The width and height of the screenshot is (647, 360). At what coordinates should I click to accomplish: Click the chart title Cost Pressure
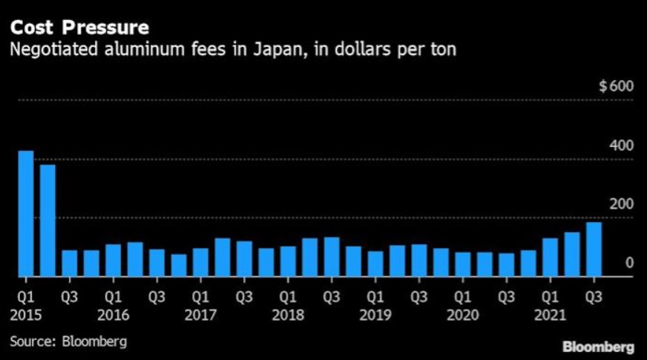[x=79, y=28]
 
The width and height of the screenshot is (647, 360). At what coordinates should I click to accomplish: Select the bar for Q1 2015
[x=26, y=214]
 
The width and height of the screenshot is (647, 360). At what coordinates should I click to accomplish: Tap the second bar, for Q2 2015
[x=47, y=220]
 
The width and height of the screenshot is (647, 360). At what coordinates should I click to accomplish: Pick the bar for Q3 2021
[x=594, y=249]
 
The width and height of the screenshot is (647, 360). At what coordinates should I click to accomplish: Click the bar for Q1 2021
[x=550, y=257]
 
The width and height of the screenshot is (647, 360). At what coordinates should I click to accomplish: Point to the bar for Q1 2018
[x=288, y=261]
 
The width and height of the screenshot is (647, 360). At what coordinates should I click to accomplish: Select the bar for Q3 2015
[x=69, y=263]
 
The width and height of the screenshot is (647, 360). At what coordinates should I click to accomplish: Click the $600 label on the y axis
[x=616, y=86]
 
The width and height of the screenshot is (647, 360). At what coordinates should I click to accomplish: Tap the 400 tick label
[x=622, y=145]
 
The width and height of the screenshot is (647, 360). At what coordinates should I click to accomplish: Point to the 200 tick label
[x=622, y=204]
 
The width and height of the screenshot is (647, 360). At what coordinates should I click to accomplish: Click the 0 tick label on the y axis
[x=629, y=263]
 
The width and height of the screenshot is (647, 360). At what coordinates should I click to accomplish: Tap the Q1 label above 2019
[x=375, y=298]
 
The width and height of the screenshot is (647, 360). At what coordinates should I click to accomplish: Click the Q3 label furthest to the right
[x=594, y=298]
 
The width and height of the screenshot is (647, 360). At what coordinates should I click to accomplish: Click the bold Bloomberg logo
[x=598, y=347]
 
